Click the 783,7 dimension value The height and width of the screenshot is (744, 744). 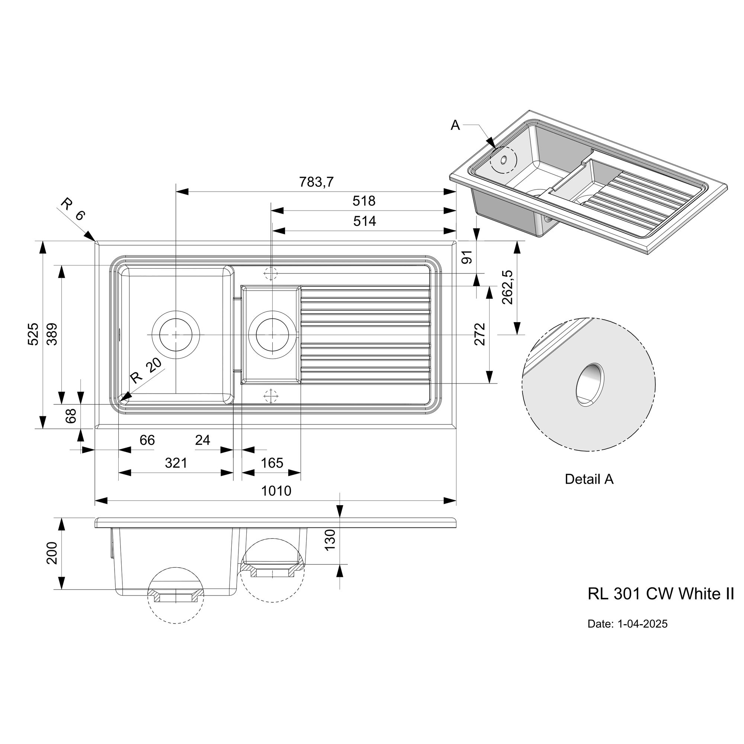point(316,182)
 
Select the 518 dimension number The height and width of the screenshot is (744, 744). point(364,201)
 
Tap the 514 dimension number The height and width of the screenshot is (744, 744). point(364,221)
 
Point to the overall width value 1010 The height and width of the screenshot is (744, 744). point(276,491)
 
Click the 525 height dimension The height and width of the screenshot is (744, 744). point(33,334)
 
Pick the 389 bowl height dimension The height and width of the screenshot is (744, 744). point(52,334)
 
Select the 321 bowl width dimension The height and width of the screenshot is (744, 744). point(176,463)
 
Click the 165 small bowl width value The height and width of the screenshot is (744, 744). point(272,463)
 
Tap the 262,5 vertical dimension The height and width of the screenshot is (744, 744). point(508,287)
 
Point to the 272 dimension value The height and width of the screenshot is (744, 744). point(480,334)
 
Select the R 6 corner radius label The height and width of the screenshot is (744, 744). point(73,209)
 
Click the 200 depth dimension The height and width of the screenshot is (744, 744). point(52,554)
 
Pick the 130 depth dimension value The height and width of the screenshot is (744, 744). point(330,539)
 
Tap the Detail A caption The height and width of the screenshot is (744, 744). point(589,479)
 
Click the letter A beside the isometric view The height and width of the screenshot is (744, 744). point(455,125)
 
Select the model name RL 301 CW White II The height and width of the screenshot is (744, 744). point(661,594)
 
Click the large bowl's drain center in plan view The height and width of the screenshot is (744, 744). point(176,335)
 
